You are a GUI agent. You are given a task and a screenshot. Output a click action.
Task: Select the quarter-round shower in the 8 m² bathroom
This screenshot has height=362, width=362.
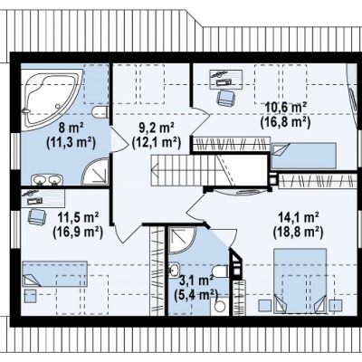click(96, 171)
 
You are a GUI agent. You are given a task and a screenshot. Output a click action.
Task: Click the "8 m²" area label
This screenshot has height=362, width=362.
click(71, 129)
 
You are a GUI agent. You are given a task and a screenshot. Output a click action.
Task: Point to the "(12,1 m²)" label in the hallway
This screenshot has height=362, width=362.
click(157, 142)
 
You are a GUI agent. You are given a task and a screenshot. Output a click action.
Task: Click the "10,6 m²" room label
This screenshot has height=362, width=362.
click(285, 107)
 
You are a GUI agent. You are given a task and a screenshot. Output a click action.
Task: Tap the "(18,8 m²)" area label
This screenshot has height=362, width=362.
click(298, 232)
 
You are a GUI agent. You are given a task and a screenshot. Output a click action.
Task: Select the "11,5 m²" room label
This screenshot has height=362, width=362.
click(78, 217)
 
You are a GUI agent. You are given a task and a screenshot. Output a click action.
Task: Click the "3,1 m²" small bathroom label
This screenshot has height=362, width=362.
click(196, 281)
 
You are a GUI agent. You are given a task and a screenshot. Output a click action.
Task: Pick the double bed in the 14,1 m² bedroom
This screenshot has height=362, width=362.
click(300, 281)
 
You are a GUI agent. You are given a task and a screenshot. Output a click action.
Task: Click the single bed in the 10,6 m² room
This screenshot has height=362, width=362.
click(304, 156)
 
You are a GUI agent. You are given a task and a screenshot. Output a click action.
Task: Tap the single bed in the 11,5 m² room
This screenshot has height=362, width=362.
click(55, 274)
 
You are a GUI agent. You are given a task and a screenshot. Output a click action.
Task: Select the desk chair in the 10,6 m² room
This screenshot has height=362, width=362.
click(226, 98)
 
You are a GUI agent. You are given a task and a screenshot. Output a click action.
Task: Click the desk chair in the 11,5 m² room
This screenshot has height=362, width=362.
click(37, 217)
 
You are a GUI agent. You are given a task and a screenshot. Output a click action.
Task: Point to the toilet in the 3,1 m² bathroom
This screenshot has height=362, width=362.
click(221, 271)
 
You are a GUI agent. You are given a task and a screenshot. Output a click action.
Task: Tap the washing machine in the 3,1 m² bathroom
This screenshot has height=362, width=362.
click(220, 306)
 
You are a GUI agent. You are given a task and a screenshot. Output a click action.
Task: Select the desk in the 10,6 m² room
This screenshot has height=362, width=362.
click(226, 79)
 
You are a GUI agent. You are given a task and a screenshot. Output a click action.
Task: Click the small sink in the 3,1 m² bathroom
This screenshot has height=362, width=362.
click(174, 269)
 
